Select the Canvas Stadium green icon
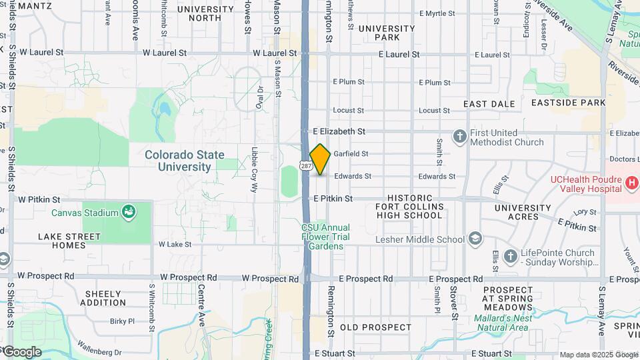(x=129, y=213)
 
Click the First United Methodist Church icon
(x=459, y=137)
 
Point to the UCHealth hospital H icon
(x=631, y=181)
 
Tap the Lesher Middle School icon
(x=475, y=239)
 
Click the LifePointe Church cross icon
(x=511, y=256)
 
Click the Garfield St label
(x=351, y=154)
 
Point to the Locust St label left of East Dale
(x=434, y=111)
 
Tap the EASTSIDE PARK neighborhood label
(x=569, y=103)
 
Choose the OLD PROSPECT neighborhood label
(x=376, y=327)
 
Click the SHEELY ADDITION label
(x=103, y=298)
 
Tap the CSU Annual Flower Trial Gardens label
(x=325, y=237)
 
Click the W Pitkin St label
(x=39, y=199)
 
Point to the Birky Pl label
(x=123, y=321)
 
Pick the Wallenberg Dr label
(x=98, y=351)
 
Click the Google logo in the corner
(x=22, y=351)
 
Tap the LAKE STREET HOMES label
(x=69, y=241)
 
